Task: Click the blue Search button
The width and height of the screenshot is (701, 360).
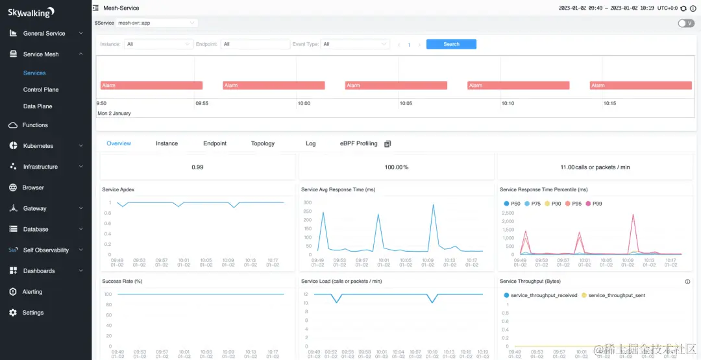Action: [451, 44]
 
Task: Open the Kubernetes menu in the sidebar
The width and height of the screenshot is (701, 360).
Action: [38, 146]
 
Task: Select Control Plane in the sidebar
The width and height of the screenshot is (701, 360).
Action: [41, 90]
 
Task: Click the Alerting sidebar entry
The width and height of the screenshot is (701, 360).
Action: [32, 292]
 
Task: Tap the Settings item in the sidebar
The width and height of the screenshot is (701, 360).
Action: [33, 313]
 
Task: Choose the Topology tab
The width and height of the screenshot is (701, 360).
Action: [263, 143]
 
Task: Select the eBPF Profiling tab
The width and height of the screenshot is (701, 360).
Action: [358, 143]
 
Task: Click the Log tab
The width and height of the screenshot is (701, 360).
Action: [311, 143]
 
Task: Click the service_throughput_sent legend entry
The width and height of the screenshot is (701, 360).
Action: [616, 295]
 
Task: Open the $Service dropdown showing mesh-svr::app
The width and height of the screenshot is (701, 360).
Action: [156, 23]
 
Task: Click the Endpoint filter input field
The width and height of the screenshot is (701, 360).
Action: [255, 44]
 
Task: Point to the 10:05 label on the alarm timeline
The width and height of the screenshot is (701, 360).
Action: [406, 103]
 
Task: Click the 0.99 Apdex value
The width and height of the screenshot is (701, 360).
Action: [197, 167]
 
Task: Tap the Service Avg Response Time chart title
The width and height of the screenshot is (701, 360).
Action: [338, 190]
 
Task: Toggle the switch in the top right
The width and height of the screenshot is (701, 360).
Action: [685, 23]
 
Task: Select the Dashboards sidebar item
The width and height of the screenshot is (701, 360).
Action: [39, 271]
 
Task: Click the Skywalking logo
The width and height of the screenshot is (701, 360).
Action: [31, 12]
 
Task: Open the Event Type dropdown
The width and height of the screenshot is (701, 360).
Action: [355, 44]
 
